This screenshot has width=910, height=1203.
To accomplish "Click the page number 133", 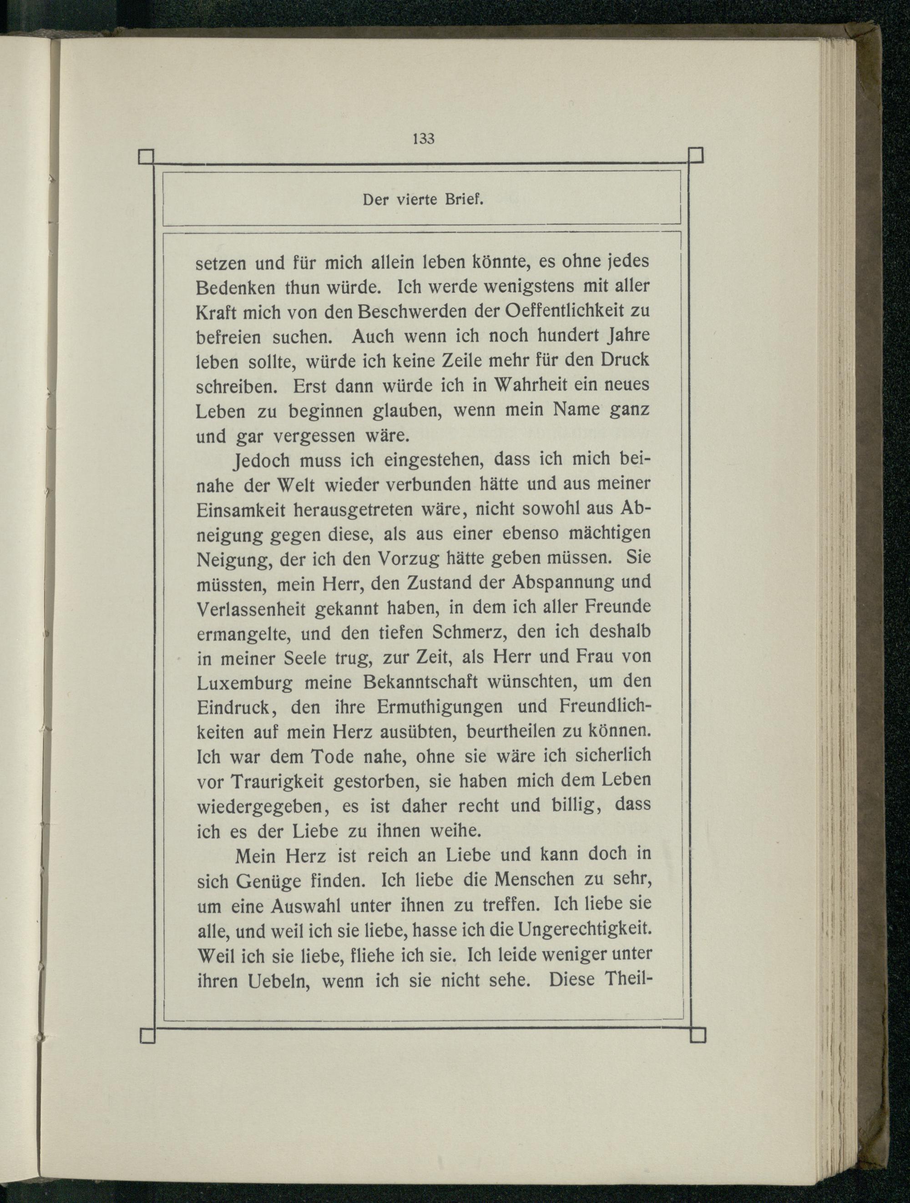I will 424,139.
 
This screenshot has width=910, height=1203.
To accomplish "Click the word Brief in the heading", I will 464,200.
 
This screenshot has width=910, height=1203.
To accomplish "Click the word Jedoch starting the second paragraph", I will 261,461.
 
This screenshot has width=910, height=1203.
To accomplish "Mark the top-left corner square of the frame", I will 147,156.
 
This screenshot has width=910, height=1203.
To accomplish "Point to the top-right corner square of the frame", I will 696,156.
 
